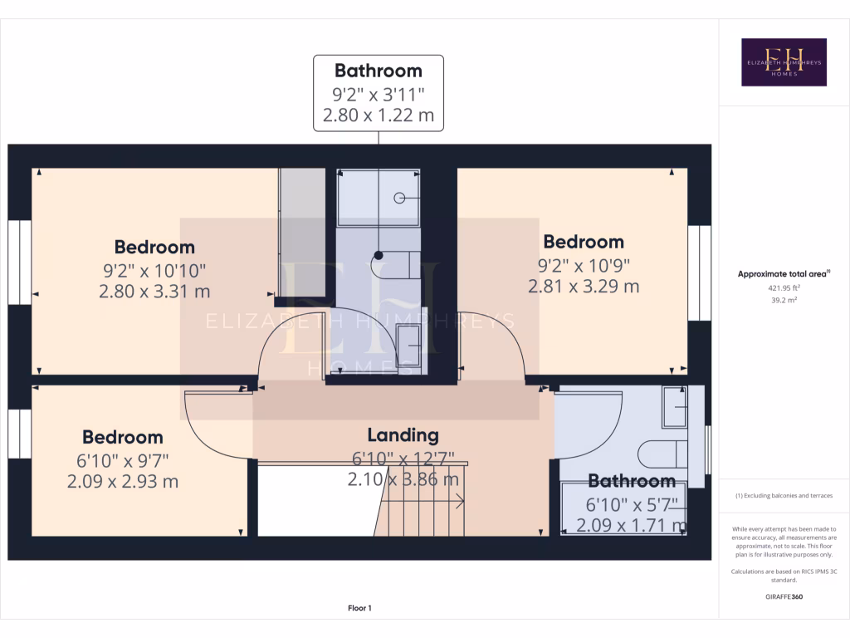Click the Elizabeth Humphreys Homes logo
point(784,62)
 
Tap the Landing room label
point(403,434)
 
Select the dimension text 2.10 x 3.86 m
point(403,479)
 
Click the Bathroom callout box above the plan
point(378,93)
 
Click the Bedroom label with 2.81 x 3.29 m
point(583,242)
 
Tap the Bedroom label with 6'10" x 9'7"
point(122,437)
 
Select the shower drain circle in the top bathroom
point(398,198)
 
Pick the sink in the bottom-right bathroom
point(674,407)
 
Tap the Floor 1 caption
point(359,608)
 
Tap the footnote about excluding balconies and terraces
point(784,496)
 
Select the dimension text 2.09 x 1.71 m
point(631,525)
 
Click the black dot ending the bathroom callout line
point(379,255)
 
